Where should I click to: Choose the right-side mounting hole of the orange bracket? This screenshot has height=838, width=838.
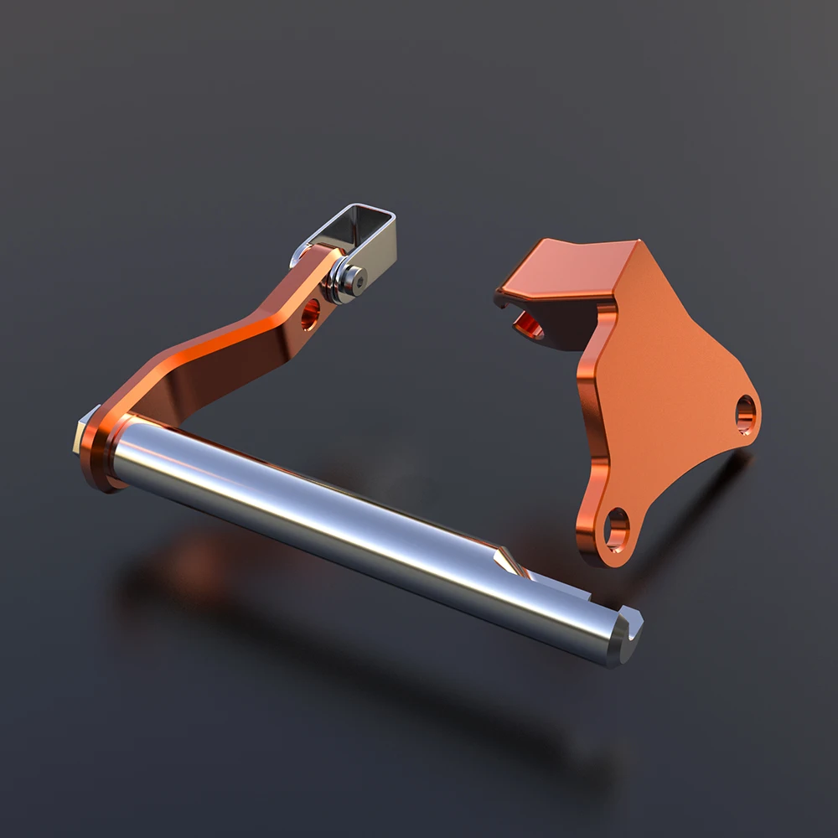(x=744, y=414)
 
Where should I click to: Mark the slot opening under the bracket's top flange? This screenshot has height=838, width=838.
(x=525, y=323)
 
